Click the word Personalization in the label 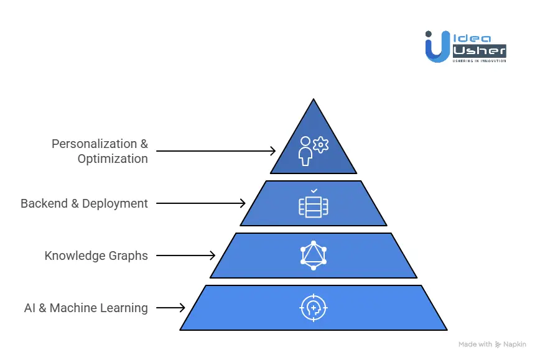pyautogui.click(x=93, y=144)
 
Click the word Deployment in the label pyautogui.click(x=115, y=203)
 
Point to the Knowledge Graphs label pyautogui.click(x=96, y=255)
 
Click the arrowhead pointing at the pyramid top pyautogui.click(x=272, y=150)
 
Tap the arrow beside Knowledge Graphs pyautogui.click(x=185, y=255)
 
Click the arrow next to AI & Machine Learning pyautogui.click(x=170, y=307)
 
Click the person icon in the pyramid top pyautogui.click(x=305, y=152)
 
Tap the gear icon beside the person pyautogui.click(x=321, y=145)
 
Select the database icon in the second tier pyautogui.click(x=314, y=206)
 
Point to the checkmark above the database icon pyautogui.click(x=314, y=190)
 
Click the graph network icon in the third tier pyautogui.click(x=314, y=255)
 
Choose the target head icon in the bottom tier pyautogui.click(x=314, y=307)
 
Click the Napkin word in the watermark pyautogui.click(x=514, y=344)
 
